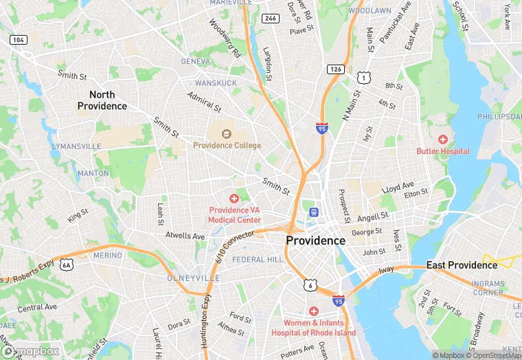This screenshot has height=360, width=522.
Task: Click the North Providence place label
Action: [102, 100]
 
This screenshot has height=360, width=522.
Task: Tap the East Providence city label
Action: [462, 265]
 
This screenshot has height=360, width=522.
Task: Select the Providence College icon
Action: [227, 133]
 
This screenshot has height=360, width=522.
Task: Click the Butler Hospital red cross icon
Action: [443, 139]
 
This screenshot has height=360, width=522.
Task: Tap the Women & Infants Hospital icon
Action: [313, 311]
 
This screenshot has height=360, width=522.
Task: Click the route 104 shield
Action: [19, 41]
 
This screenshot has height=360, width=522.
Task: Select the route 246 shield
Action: [271, 19]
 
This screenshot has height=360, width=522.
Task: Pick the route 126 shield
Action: [336, 69]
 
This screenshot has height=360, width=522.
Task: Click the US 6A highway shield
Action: [66, 264]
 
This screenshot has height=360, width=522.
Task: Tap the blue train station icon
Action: [314, 212]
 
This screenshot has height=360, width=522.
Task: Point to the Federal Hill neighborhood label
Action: [257, 260]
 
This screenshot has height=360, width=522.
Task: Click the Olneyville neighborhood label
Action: [194, 278]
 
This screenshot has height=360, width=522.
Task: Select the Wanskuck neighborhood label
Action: [215, 82]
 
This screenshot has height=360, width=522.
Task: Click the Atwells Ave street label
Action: [185, 236]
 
